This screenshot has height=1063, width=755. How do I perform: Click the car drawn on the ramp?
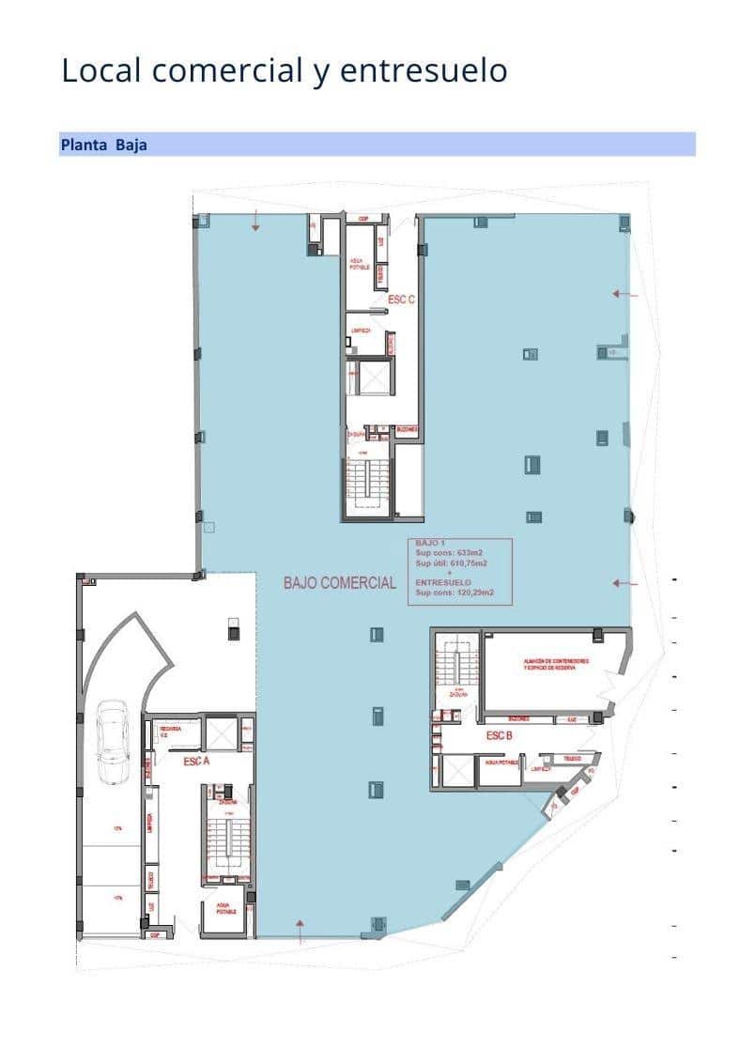113,742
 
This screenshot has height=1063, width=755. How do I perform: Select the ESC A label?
195,762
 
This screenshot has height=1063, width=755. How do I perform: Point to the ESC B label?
499,735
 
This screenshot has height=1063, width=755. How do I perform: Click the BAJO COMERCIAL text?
340,583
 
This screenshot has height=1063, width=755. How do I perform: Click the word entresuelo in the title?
424,70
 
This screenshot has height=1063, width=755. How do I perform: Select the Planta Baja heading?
103,145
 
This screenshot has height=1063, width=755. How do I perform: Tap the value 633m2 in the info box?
467,554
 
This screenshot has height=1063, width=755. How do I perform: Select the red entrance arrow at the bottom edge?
300,931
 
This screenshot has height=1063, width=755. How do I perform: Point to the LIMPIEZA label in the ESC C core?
362,331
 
